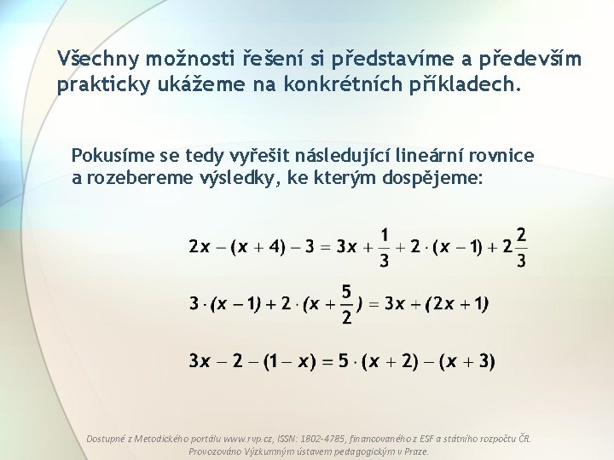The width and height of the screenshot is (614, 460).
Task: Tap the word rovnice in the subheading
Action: [504, 156]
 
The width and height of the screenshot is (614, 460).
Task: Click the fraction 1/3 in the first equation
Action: [385, 247]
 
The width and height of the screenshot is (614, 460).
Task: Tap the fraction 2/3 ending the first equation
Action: [521, 247]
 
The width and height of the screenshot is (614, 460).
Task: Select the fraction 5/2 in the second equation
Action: [346, 304]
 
